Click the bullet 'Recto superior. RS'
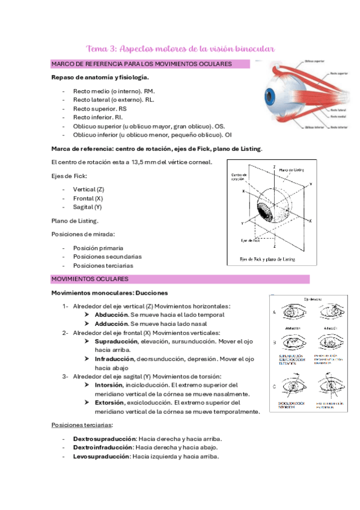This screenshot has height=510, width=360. tap(100, 108)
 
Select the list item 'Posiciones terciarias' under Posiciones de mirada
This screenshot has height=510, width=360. tap(103, 265)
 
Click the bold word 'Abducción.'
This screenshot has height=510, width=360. tap(112, 315)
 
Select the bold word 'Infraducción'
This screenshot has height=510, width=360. tap(116, 358)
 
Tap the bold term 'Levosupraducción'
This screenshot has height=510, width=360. tap(101, 456)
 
